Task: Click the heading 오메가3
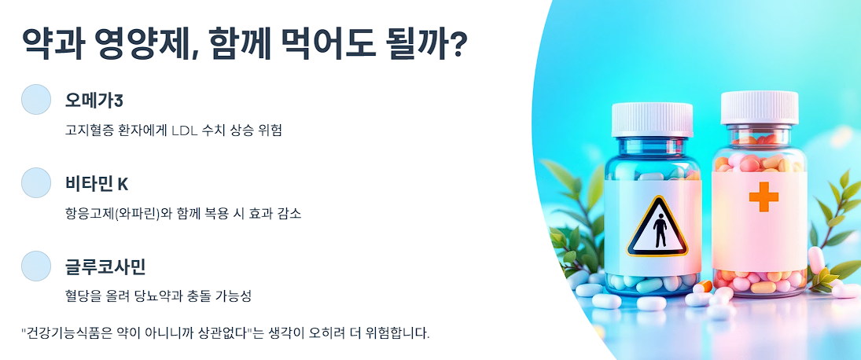(x=94, y=100)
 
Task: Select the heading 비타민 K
(x=96, y=184)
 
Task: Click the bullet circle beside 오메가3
(x=35, y=99)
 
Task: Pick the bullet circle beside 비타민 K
(x=35, y=182)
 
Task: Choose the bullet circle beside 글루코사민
(x=35, y=266)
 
